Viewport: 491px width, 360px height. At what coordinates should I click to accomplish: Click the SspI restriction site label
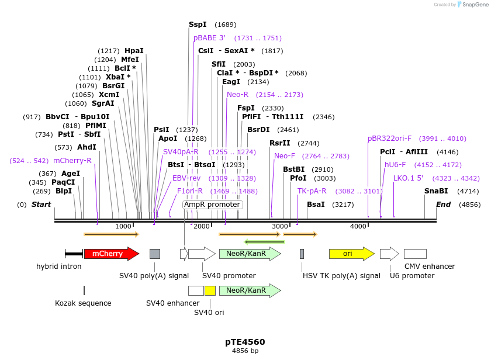(x=198, y=25)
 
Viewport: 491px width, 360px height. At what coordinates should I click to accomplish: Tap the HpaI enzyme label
(x=134, y=51)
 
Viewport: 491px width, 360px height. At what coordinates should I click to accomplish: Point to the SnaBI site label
(x=436, y=191)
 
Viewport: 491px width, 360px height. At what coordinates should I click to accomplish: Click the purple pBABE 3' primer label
(x=209, y=38)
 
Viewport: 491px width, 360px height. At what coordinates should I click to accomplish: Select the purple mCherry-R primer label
(x=72, y=161)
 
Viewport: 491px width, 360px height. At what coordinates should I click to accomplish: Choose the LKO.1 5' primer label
(x=408, y=178)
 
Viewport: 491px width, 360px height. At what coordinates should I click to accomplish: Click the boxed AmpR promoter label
(x=212, y=205)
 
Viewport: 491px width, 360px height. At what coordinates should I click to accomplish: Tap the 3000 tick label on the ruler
(x=280, y=227)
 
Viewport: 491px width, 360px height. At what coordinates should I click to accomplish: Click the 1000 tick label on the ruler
(x=123, y=227)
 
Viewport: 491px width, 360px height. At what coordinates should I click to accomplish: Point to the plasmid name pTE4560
(x=245, y=342)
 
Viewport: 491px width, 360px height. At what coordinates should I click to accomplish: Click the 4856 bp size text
(x=245, y=351)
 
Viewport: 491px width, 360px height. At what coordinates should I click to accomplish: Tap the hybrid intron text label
(x=58, y=266)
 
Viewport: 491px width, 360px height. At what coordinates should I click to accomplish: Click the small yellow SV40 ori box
(x=210, y=290)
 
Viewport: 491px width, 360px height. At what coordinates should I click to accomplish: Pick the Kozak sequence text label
(x=83, y=303)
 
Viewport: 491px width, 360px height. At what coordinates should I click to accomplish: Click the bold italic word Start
(x=41, y=205)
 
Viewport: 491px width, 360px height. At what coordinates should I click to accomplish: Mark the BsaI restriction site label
(x=316, y=205)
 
